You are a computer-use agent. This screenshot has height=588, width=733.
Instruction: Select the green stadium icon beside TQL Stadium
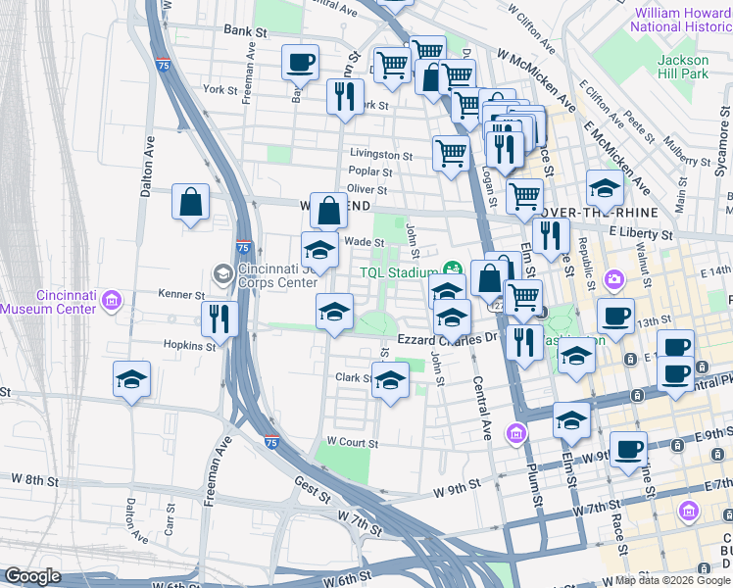click(452, 269)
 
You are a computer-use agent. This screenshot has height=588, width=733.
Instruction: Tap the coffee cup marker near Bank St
click(300, 64)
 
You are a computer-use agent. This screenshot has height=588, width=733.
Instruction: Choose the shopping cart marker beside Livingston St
click(451, 153)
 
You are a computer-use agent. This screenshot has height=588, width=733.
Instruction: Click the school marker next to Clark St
click(390, 380)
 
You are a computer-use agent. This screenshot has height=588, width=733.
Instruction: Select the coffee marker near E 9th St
click(628, 450)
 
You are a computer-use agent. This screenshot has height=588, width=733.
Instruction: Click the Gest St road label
click(312, 484)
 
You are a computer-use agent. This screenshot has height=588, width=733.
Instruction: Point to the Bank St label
click(245, 31)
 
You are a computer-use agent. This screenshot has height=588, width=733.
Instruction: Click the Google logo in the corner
click(32, 575)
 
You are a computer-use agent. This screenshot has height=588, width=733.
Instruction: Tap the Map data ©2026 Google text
click(673, 580)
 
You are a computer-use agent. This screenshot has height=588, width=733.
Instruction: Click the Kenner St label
click(181, 293)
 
